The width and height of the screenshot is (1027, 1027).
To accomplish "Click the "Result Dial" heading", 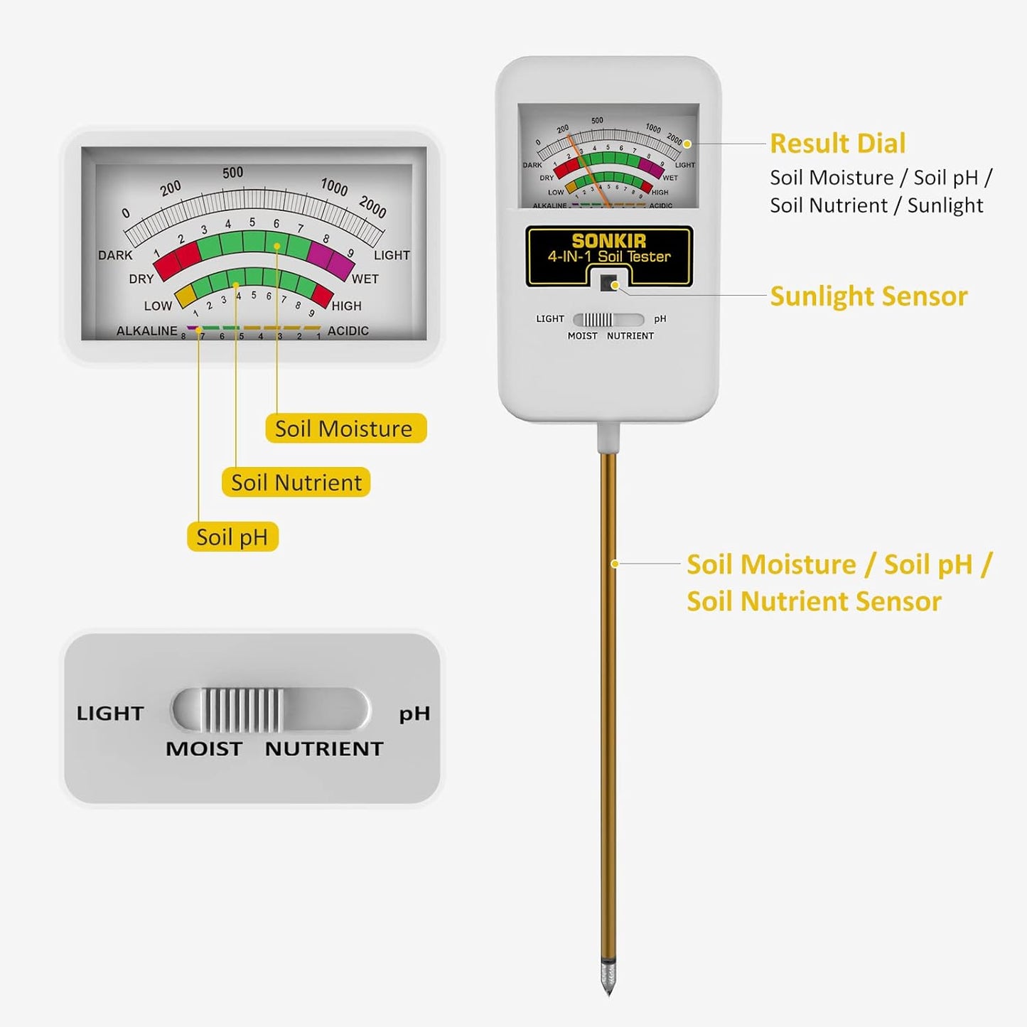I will click(837, 144).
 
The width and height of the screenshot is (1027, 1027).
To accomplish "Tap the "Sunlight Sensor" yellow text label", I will click(869, 296).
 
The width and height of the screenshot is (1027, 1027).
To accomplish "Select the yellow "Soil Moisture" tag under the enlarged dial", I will click(345, 429).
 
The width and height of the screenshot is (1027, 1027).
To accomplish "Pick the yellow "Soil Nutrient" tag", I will click(296, 483).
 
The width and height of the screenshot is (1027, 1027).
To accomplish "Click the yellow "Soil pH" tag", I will click(232, 537).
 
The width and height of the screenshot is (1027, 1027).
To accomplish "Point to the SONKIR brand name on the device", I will click(608, 241).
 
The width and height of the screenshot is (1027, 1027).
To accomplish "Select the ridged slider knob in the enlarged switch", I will click(242, 710).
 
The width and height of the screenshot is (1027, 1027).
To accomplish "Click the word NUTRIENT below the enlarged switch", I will click(324, 749).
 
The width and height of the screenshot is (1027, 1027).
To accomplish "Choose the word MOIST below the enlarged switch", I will click(203, 749).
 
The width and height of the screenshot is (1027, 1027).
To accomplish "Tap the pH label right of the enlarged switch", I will click(414, 713).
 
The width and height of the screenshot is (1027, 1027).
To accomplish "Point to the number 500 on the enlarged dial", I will click(232, 173).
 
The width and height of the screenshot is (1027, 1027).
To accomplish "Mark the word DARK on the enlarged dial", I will click(115, 255).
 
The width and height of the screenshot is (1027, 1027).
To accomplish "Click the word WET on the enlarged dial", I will click(365, 279).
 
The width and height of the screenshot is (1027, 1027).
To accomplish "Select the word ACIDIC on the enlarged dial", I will click(348, 331).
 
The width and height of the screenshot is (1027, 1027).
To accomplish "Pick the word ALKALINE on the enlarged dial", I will click(146, 331).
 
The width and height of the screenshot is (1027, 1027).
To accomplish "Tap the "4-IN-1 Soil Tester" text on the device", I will click(608, 257).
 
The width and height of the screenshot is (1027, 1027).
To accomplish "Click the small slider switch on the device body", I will click(597, 320).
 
